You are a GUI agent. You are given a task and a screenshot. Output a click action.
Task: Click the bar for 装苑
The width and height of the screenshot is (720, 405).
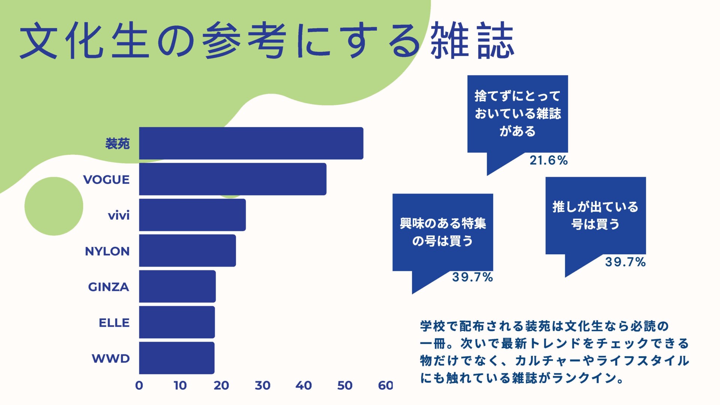coord(251,143)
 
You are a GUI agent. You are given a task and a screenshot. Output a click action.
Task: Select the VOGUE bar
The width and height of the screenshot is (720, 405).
coord(232,179)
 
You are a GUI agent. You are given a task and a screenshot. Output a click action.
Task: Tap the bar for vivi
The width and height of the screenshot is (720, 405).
coord(192,215)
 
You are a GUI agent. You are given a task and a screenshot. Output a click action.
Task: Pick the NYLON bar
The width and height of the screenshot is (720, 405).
coord(187,250)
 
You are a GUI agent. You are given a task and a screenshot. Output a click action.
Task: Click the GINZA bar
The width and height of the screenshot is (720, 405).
coord(177,286)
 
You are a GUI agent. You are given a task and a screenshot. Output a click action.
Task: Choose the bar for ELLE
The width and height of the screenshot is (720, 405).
coord(177,322)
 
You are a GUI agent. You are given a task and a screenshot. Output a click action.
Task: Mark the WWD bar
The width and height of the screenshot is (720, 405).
coord(177,358)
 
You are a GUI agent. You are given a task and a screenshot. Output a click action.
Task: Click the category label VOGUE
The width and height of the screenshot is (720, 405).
coord(106,180)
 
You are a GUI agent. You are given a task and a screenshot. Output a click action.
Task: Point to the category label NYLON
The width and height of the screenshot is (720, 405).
coord(107,251)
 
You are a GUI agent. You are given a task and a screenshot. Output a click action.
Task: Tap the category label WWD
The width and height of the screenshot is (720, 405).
coord(111,358)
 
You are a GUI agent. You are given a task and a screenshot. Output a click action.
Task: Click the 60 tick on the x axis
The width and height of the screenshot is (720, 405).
coord(385,385)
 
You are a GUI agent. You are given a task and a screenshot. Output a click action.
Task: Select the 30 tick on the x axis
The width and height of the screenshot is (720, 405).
coord(262,385)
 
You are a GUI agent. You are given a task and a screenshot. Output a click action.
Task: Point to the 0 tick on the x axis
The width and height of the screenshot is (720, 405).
coord(139,385)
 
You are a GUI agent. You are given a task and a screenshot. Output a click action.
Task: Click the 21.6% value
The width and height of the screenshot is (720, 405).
coord(549,160)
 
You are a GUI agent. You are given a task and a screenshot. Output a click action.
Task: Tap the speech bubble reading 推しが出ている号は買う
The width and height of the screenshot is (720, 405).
coord(595,216)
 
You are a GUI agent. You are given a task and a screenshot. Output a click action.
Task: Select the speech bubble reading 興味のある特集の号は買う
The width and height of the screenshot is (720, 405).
coord(442,232)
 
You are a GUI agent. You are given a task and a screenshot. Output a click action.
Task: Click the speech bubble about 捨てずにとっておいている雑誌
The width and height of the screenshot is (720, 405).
coord(517,114)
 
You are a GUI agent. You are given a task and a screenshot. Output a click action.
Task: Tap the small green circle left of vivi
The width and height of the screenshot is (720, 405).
coord(54,206)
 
